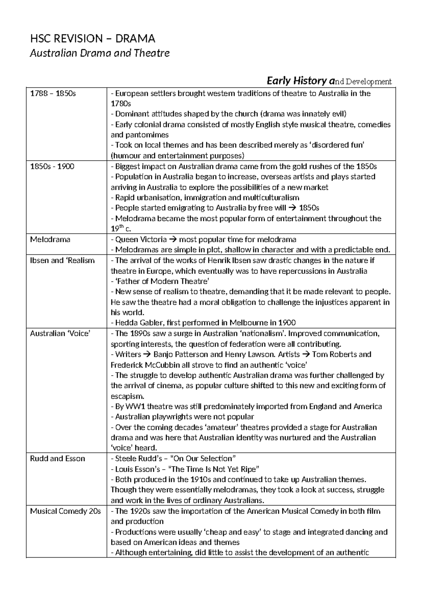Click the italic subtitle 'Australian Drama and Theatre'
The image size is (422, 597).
(100, 53)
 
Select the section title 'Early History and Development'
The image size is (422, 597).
(329, 81)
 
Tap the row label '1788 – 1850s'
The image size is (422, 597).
(53, 94)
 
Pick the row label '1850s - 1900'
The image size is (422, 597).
(52, 166)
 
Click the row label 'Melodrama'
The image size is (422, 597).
(50, 240)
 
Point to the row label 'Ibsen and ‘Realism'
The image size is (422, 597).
(63, 260)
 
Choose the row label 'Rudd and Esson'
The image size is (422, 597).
(58, 459)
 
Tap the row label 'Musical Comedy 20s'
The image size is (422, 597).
(65, 511)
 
